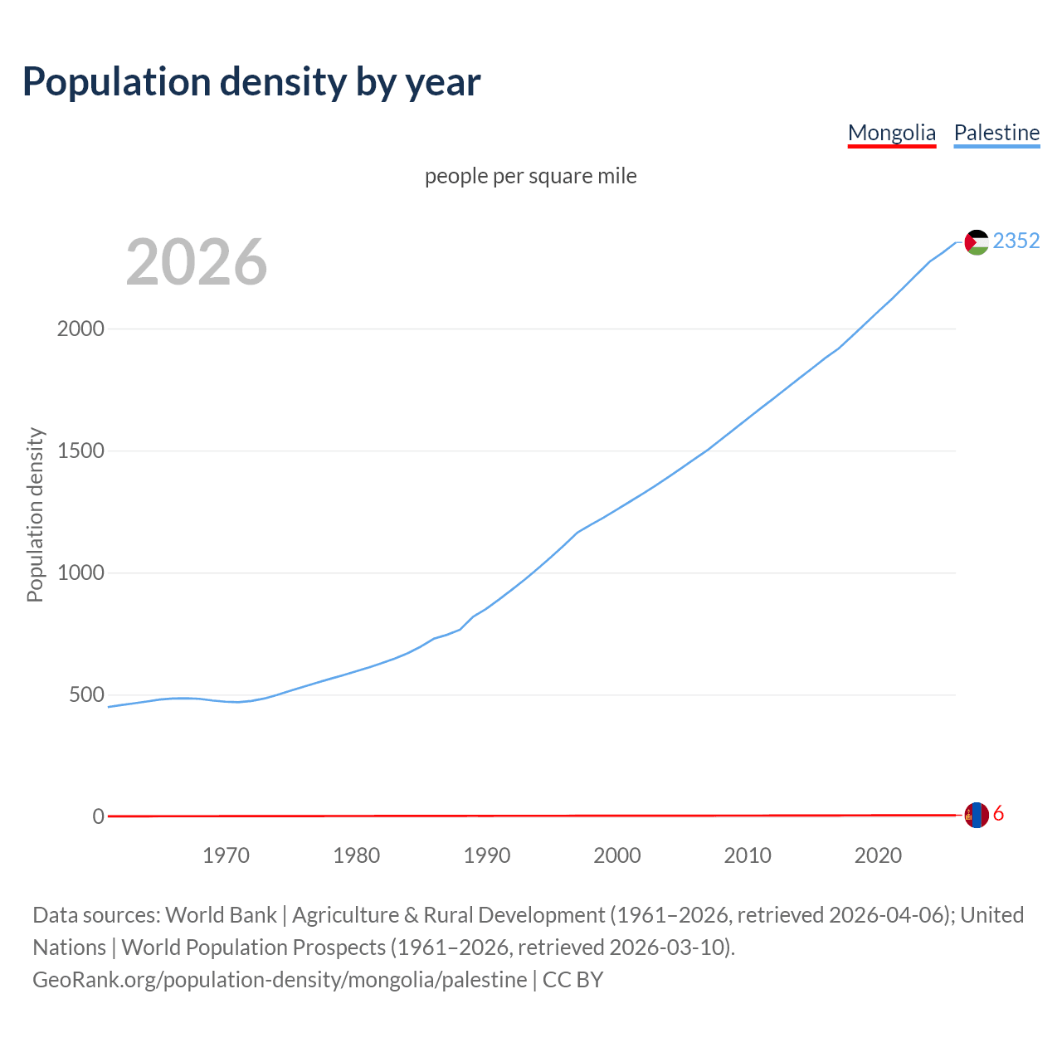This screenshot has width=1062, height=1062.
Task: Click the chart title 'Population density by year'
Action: (x=251, y=81)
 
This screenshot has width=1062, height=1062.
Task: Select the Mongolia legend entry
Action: (x=891, y=133)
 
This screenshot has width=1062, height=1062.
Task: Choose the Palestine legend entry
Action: (x=996, y=133)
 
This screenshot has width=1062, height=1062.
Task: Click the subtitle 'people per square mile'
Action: (x=530, y=176)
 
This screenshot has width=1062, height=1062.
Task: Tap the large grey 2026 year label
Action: (x=197, y=262)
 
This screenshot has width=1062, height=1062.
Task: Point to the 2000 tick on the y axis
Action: (x=80, y=329)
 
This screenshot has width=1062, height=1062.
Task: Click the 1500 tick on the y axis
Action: (x=80, y=451)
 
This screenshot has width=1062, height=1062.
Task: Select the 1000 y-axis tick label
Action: (x=80, y=573)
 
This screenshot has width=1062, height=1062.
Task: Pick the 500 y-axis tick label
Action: (x=86, y=695)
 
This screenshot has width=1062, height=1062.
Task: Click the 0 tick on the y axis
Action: (x=99, y=817)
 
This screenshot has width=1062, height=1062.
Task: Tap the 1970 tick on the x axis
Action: (x=226, y=855)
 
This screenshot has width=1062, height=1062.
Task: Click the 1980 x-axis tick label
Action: (x=356, y=855)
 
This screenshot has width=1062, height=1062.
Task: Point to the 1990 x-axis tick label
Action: (x=487, y=855)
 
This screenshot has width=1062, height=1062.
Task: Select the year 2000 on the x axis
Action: (x=617, y=855)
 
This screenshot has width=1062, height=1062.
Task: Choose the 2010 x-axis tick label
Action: (x=748, y=855)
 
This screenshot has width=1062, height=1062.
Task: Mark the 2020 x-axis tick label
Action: (x=878, y=855)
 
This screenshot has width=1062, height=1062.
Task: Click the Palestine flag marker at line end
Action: (x=977, y=242)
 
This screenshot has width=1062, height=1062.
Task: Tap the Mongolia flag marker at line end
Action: (x=977, y=815)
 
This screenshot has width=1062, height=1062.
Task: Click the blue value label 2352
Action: (x=1016, y=241)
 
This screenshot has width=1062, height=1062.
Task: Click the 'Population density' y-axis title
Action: (x=35, y=514)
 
